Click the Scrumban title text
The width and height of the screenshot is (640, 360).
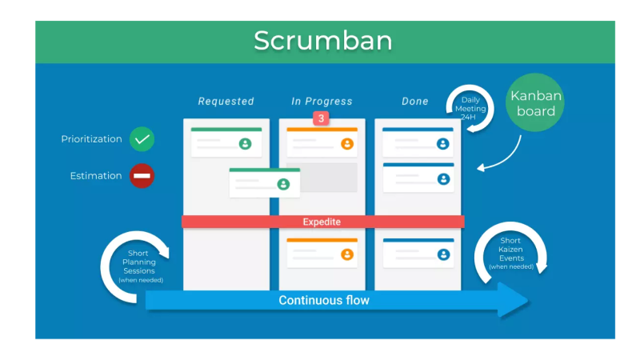tap(323, 41)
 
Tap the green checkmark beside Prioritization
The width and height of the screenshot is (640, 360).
tap(142, 139)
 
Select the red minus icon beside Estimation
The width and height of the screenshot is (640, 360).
tap(142, 176)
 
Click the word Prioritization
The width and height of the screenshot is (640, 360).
tap(91, 139)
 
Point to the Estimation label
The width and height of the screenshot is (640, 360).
tap(95, 176)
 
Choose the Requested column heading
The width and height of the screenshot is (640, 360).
tap(226, 102)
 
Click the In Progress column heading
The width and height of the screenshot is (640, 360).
tap(322, 102)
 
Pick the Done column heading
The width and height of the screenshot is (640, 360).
tap(415, 102)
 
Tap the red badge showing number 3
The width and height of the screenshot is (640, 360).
tap(321, 118)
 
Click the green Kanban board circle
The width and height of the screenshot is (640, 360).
tap(536, 104)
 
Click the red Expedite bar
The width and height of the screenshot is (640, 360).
tap(322, 222)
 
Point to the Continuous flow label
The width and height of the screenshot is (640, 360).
tap(324, 301)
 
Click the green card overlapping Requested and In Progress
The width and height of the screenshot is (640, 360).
tap(264, 182)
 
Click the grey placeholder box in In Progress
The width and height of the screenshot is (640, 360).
tap(322, 178)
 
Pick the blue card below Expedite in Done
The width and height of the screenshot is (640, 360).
tap(418, 253)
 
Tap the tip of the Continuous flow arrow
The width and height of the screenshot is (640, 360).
tap(527, 301)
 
